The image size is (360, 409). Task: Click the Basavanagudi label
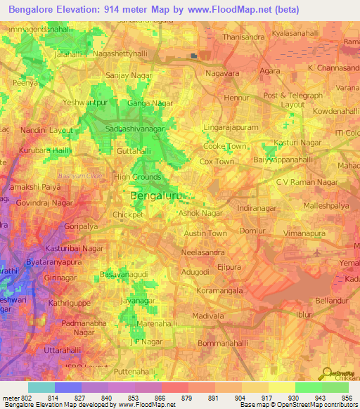[124, 273]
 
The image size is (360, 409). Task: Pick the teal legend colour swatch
[41, 387]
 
